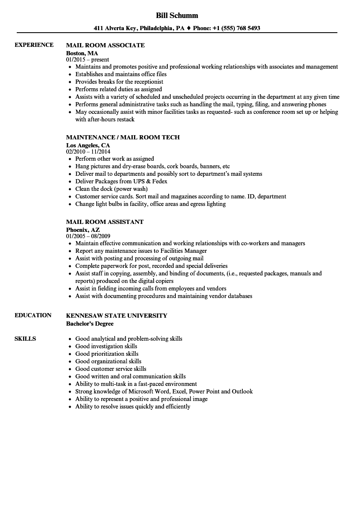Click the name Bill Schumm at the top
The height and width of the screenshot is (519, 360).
177,15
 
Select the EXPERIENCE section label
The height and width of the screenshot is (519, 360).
34,45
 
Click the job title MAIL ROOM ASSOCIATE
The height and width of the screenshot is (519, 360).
105,45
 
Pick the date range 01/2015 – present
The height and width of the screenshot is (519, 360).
87,60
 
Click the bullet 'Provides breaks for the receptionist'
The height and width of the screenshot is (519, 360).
119,82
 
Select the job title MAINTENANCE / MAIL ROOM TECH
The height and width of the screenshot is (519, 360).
123,137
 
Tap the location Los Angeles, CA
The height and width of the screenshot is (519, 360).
88,145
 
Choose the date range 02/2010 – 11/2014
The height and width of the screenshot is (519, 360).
88,152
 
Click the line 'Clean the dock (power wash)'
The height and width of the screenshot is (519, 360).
111,189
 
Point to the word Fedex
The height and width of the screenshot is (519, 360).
159,181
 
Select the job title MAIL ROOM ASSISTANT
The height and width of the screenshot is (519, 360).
105,222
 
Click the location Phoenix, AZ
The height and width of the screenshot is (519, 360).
83,230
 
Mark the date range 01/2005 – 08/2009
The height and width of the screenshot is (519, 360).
88,236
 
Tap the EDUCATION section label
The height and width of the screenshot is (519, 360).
33,315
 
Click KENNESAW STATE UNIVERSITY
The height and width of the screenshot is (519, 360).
116,316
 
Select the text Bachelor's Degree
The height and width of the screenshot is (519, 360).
90,324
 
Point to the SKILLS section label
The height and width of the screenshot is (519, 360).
25,339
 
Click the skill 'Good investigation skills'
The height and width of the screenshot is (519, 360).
106,346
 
